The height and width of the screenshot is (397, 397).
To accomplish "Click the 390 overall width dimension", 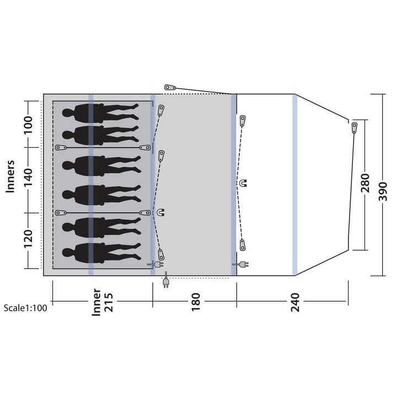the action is (x=383, y=191).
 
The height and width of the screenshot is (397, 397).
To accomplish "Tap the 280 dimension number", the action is (x=365, y=183).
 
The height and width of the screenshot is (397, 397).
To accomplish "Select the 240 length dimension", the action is (x=295, y=302).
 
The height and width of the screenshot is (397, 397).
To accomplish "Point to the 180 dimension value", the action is (x=196, y=302).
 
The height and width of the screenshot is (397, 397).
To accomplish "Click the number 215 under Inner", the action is (x=109, y=302).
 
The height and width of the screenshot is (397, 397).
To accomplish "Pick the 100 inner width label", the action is (x=28, y=125).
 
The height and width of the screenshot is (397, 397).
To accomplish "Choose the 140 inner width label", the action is (x=28, y=177).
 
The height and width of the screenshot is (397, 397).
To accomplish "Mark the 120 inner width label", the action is (x=28, y=239).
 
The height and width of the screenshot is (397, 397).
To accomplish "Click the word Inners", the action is (x=10, y=176).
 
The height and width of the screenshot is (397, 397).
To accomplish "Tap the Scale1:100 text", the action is (x=25, y=308).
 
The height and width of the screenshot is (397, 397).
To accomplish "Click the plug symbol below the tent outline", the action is (x=166, y=280).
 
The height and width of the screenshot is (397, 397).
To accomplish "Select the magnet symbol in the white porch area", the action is (x=243, y=183).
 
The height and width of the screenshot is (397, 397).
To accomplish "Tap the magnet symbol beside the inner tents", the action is (x=160, y=212).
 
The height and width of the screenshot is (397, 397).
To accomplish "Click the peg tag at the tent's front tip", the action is (x=355, y=128).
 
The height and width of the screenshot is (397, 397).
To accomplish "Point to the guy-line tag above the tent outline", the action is (x=170, y=88).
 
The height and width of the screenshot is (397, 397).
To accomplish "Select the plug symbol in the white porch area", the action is (x=240, y=265).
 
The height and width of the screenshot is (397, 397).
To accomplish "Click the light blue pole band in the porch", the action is (x=294, y=185).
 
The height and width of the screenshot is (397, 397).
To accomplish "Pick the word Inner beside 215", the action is (x=96, y=302).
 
